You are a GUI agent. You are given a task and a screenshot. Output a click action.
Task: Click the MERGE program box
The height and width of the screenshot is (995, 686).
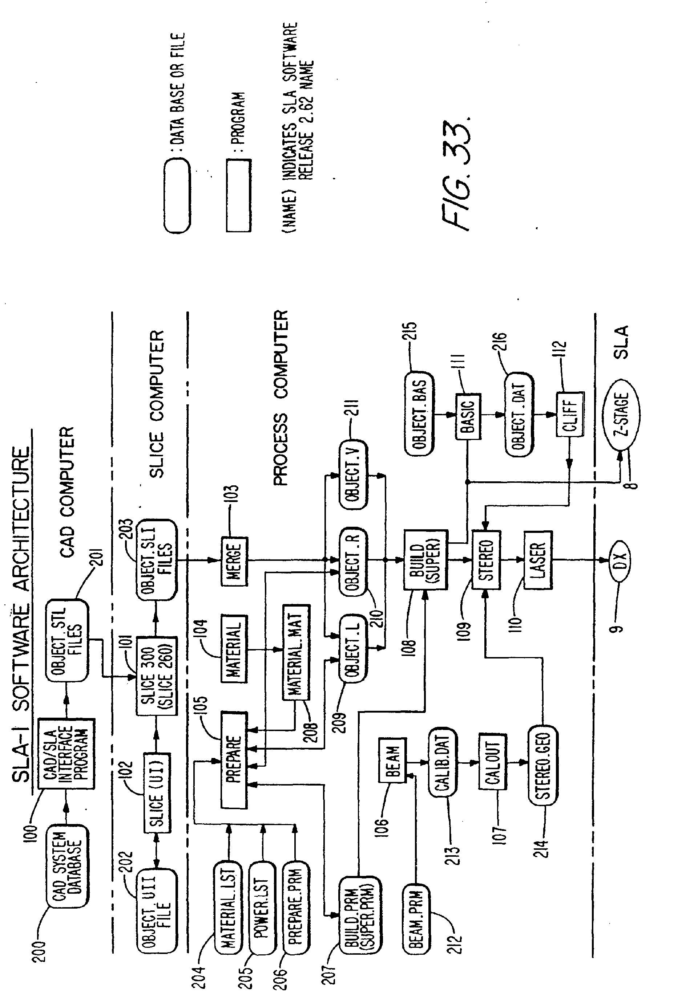[235, 561]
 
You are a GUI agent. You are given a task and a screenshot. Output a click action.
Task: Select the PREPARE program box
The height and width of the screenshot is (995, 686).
[234, 760]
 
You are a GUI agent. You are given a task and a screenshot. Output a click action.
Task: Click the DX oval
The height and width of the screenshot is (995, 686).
[620, 560]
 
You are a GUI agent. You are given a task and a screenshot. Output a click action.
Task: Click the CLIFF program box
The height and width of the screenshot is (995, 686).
[570, 415]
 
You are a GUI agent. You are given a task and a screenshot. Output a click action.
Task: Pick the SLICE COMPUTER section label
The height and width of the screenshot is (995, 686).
[157, 404]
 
